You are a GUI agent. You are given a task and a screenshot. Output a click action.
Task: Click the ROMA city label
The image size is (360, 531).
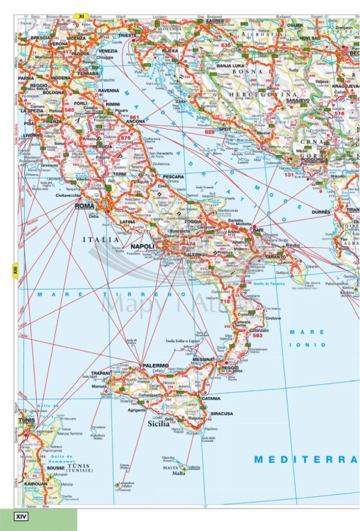point(84,206)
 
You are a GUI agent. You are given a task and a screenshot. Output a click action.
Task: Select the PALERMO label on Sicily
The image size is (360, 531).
point(154,366)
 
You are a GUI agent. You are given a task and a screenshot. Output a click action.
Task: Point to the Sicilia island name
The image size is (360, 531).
point(157,426)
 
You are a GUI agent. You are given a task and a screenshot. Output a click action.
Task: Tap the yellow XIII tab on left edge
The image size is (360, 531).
point(14,269)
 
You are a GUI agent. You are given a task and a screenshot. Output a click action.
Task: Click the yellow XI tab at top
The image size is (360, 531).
point(81,15)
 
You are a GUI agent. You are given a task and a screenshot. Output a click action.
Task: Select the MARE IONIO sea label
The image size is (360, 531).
point(311,337)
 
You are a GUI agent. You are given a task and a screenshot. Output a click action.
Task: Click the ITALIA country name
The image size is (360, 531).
point(102,240)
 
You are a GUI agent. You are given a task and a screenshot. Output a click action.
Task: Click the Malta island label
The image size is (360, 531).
point(179,474)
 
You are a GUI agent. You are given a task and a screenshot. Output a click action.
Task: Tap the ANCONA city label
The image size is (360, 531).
point(135,122)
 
